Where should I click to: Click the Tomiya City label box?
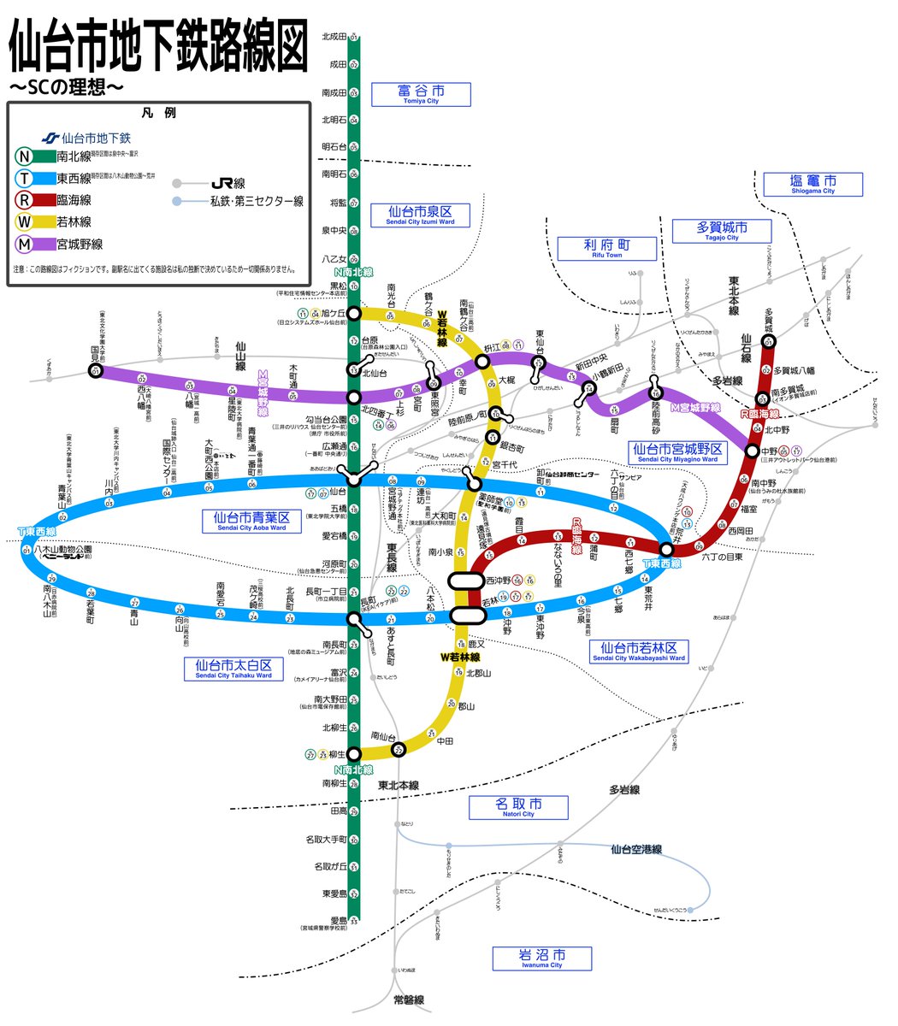click(421, 94)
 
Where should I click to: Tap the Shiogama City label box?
click(812, 185)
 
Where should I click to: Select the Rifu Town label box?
click(607, 249)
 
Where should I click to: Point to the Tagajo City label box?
click(722, 231)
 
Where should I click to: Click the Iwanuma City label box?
click(541, 958)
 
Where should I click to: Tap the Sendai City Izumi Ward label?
click(420, 215)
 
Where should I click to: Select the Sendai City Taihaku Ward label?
click(233, 669)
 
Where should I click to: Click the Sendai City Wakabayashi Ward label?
click(639, 652)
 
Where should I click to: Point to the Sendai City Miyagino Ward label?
click(677, 452)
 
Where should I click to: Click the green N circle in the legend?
click(26, 156)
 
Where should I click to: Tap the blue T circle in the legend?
click(26, 179)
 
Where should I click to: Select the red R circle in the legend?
click(26, 201)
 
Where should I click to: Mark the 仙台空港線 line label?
click(636, 849)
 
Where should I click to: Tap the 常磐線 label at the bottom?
click(409, 1000)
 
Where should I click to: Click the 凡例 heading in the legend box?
click(158, 114)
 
